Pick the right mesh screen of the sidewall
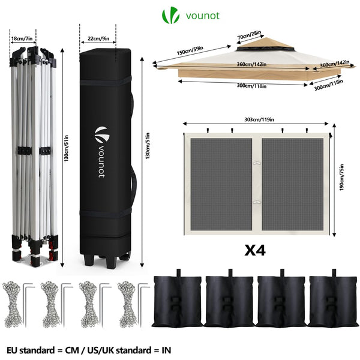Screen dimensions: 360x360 coord(293,184)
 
